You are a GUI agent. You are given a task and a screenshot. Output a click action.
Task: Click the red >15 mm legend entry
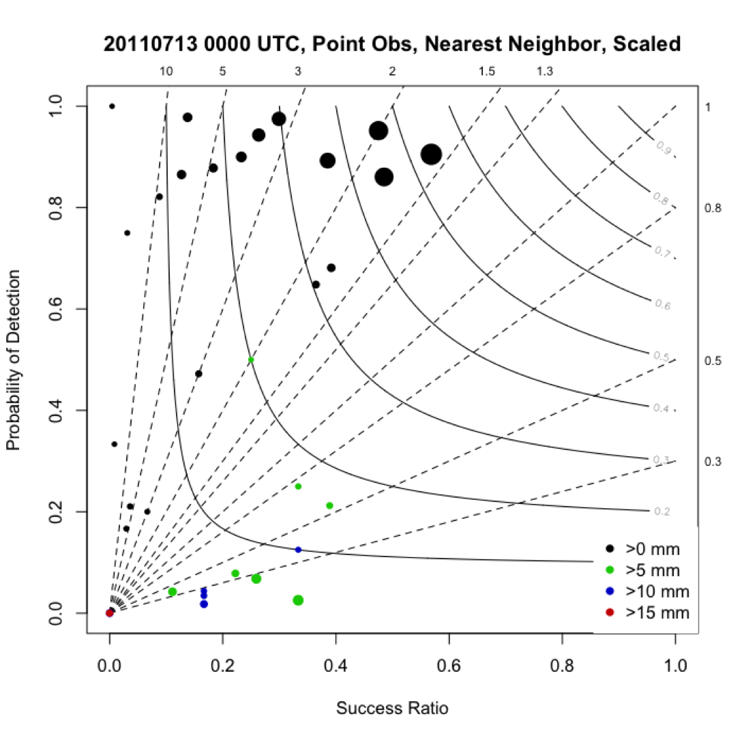click(x=648, y=612)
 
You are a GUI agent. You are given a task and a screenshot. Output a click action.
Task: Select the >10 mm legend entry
click(x=648, y=591)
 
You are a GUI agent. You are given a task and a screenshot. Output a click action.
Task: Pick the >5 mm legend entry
click(x=648, y=569)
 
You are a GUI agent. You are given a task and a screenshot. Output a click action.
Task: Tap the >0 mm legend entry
click(x=648, y=548)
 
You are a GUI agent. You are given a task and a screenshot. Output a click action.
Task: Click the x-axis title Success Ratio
click(x=392, y=709)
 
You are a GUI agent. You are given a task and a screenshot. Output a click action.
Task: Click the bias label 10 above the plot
click(x=166, y=71)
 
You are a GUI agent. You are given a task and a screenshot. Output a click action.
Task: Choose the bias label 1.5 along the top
click(x=487, y=71)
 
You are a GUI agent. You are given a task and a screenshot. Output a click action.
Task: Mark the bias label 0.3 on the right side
click(x=713, y=462)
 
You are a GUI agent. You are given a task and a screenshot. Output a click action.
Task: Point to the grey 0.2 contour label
click(x=662, y=511)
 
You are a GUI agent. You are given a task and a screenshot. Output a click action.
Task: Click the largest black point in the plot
click(x=431, y=155)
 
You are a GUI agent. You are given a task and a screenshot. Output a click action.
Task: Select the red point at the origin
click(x=110, y=613)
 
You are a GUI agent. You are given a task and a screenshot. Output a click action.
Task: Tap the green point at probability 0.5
click(x=251, y=359)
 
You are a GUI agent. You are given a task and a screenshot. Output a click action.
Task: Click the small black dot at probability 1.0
click(x=112, y=106)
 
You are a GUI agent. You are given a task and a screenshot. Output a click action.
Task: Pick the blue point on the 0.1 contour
click(x=298, y=550)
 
